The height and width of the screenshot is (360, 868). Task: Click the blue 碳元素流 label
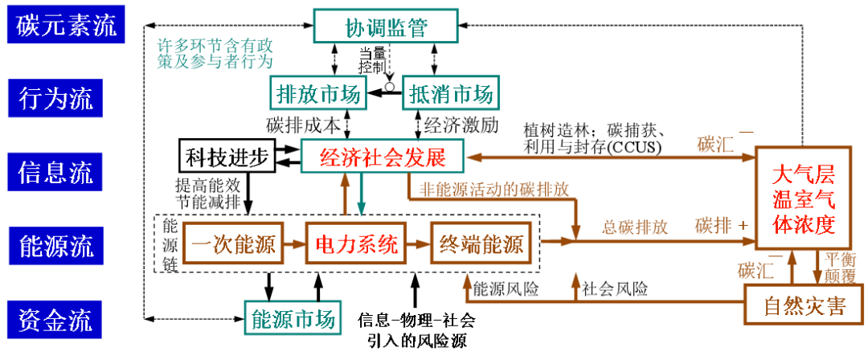click(66, 25)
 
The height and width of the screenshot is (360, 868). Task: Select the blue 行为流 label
click(55, 98)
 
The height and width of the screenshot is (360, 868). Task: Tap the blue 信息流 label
click(55, 171)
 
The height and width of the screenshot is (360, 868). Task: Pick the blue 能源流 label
click(55, 245)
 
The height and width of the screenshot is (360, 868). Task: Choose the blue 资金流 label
click(55, 320)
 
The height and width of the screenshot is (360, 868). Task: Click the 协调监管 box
click(386, 27)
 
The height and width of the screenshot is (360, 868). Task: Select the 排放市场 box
click(318, 93)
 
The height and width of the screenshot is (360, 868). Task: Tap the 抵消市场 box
click(451, 93)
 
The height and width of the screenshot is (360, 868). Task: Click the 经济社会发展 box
click(382, 156)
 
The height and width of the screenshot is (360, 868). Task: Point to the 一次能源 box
click(233, 243)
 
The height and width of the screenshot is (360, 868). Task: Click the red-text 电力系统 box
click(356, 243)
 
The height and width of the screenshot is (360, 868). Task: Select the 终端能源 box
click(481, 243)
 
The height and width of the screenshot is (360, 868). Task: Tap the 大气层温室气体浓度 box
click(803, 199)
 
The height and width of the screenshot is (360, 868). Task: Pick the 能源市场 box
click(293, 318)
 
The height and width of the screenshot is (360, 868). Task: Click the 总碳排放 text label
click(634, 227)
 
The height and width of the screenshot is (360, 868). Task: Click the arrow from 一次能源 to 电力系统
click(294, 242)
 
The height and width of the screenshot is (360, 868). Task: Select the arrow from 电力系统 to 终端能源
click(419, 242)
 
